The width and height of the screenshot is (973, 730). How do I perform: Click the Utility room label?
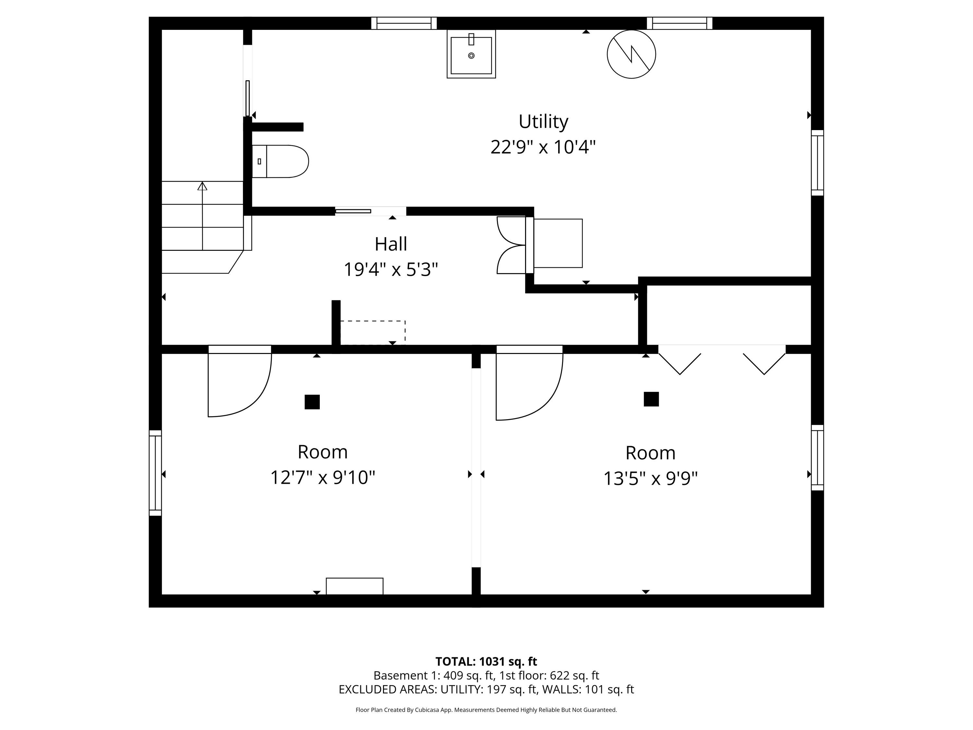click(x=543, y=122)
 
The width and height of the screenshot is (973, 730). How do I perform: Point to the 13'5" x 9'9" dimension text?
click(x=650, y=478)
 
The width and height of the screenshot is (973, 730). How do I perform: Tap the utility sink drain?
click(x=472, y=55)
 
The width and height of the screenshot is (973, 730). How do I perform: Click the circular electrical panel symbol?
click(x=631, y=55)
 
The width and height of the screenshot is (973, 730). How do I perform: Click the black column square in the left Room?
click(x=312, y=402)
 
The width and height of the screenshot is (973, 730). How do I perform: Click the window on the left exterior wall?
click(x=155, y=473)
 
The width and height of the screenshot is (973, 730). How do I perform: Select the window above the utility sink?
click(x=404, y=23)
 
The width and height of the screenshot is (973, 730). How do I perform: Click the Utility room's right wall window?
click(x=817, y=163)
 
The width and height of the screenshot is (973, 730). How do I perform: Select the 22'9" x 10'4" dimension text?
click(x=543, y=147)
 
